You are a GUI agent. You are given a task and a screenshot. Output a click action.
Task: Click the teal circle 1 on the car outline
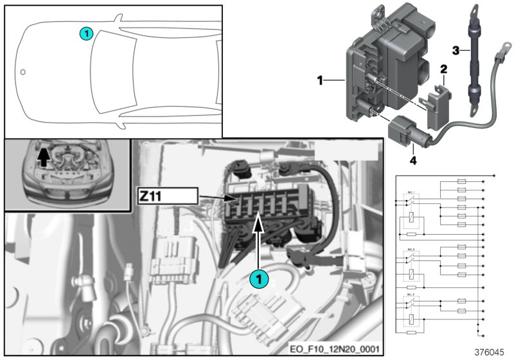coord(86,32)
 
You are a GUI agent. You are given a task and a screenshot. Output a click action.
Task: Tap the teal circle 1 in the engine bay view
coord(258,278)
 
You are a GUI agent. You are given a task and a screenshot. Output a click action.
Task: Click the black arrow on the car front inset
coord(44,156)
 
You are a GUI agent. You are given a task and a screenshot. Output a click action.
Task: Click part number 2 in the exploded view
coord(443,69)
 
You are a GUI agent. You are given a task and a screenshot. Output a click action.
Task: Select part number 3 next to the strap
coord(455,50)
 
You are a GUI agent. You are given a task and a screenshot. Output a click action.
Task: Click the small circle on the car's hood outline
coord(23,71)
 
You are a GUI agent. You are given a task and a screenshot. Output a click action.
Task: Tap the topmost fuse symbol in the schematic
coord(460,182)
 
